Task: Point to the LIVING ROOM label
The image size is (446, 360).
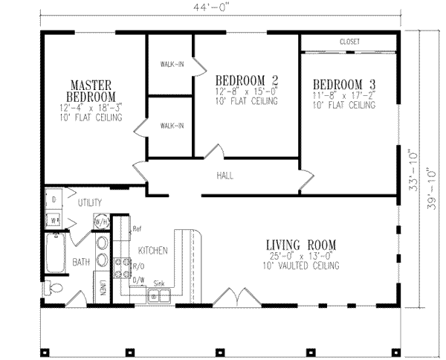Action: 301,245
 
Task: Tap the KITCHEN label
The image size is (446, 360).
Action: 152,251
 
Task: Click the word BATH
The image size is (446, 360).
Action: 82,261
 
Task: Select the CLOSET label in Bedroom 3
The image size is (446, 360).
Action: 349,42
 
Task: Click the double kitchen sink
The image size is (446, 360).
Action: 159,295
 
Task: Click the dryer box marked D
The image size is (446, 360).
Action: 54,199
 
